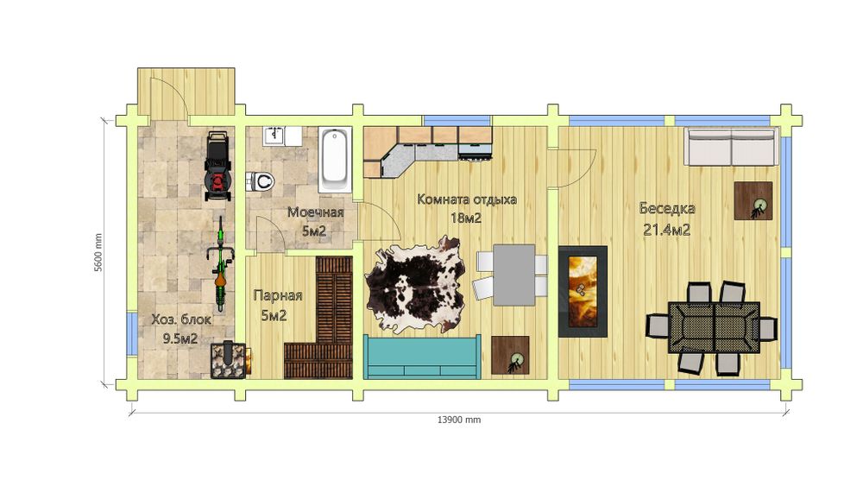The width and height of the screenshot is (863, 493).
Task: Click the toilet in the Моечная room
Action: pos(260,180)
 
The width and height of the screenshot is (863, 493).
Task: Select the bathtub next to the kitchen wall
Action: pos(335,159)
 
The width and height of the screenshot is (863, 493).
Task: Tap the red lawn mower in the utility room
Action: pos(217,166)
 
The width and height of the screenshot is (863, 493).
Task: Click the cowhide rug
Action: pos(416,285)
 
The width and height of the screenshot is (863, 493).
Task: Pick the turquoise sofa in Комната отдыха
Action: pos(423,357)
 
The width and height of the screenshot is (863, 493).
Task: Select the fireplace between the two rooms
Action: pos(583,291)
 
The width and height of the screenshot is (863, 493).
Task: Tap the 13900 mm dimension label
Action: pos(459,420)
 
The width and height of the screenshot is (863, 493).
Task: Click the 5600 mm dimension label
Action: pos(98,253)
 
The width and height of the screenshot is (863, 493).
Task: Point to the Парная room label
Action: pos(278,296)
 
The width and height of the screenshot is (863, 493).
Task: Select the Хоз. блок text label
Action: pos(181,319)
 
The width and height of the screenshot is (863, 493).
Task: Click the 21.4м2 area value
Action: pos(667,230)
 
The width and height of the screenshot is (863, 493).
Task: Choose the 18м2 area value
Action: pos(466,218)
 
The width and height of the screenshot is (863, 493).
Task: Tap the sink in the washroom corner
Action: pos(274,136)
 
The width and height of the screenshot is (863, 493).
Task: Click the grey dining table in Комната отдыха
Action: pos(514,275)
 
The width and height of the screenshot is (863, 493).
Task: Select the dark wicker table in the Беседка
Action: pos(714,327)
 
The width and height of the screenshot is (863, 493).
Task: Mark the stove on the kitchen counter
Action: pos(475,149)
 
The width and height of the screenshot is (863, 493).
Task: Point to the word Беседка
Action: pos(667,209)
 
